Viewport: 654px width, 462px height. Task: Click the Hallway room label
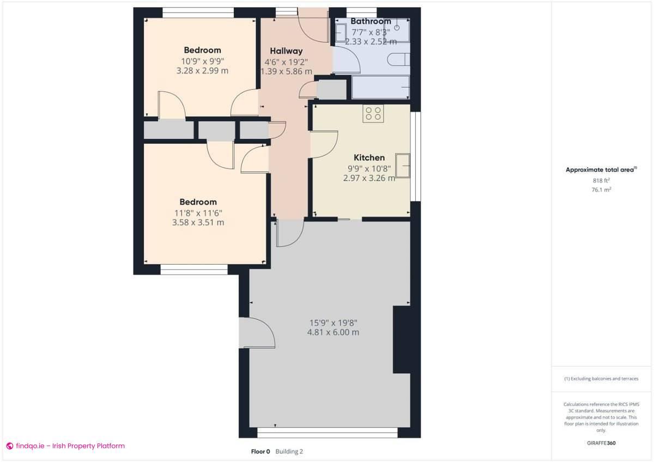pyautogui.click(x=286, y=51)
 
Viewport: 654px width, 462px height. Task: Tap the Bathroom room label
pyautogui.click(x=371, y=21)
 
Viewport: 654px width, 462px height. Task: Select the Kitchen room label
pyautogui.click(x=369, y=157)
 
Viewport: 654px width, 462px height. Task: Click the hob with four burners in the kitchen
pyautogui.click(x=373, y=113)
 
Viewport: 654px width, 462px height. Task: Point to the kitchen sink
pyautogui.click(x=403, y=165)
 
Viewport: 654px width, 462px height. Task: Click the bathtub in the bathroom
pyautogui.click(x=380, y=87)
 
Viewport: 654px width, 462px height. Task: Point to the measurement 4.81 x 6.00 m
pyautogui.click(x=333, y=332)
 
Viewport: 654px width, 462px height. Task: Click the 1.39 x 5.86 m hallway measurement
pyautogui.click(x=286, y=71)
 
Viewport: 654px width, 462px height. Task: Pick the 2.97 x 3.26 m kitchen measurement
pyautogui.click(x=369, y=178)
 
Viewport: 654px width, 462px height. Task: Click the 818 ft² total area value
pyautogui.click(x=601, y=180)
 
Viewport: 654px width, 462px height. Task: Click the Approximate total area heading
pyautogui.click(x=600, y=170)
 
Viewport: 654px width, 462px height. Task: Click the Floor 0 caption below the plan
pyautogui.click(x=261, y=451)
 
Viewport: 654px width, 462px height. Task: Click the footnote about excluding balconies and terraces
pyautogui.click(x=601, y=379)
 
